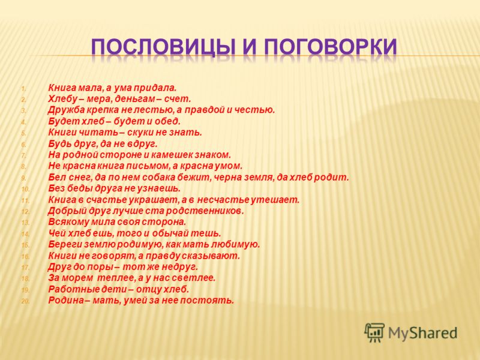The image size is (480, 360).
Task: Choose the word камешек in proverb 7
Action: click(173, 155)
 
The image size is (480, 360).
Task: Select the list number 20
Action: click(25, 301)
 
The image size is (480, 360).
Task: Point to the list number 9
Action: click(24, 178)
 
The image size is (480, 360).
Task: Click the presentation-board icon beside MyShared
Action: click(374, 332)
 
